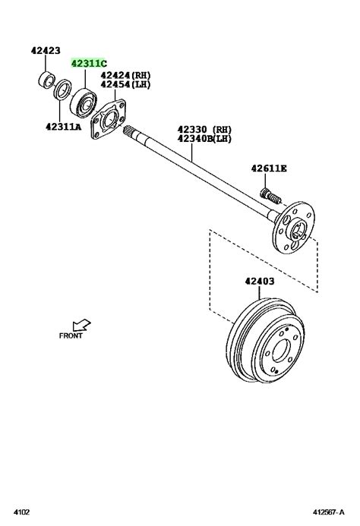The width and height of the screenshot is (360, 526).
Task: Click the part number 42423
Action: click(x=46, y=50)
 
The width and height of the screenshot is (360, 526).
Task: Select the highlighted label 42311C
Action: click(x=89, y=63)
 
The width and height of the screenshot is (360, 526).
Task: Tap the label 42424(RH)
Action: click(x=125, y=75)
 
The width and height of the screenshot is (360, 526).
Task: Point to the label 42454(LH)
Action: click(x=125, y=84)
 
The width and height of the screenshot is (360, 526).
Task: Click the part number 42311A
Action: click(x=64, y=127)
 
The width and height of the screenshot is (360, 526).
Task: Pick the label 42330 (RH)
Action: click(x=204, y=129)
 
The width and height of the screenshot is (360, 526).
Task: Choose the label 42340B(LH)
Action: click(x=204, y=138)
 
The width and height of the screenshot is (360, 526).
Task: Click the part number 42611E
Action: click(x=269, y=169)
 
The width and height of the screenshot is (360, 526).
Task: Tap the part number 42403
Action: click(x=259, y=281)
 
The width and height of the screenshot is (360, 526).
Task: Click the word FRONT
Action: click(x=71, y=335)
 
